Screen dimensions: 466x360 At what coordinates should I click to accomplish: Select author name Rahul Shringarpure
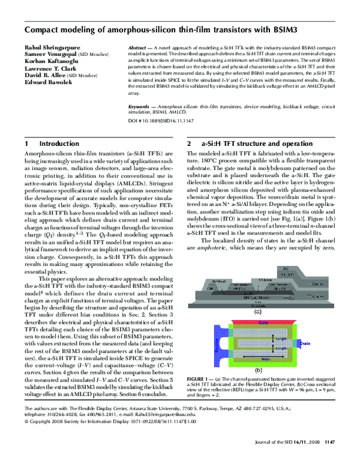[x=50, y=47]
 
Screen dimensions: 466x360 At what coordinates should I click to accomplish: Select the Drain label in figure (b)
[x=304, y=343]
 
